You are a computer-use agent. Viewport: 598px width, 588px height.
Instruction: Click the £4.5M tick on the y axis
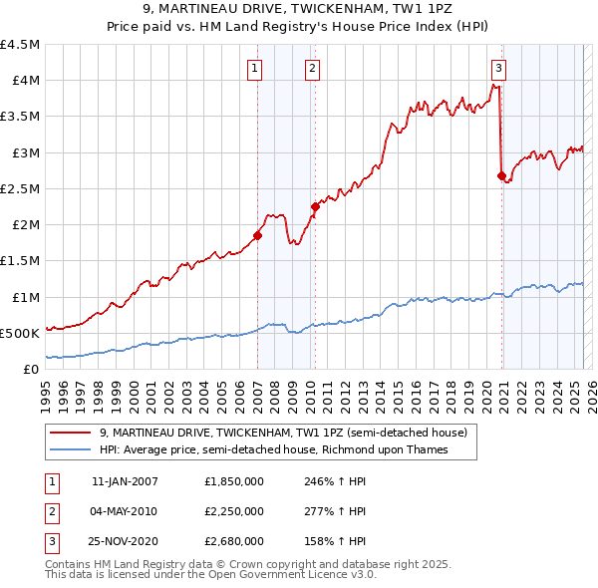(21, 45)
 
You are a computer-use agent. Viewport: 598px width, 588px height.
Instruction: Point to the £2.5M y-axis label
(21, 188)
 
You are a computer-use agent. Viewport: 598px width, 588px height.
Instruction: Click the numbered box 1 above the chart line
(255, 69)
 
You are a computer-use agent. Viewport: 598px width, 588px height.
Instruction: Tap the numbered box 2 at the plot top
(312, 69)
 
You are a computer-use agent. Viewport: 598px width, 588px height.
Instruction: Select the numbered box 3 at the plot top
(497, 69)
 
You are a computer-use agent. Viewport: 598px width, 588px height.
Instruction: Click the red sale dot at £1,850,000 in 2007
(257, 235)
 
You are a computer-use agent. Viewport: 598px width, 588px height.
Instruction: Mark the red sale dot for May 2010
(315, 206)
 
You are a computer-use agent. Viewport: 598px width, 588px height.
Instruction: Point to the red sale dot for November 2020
(501, 175)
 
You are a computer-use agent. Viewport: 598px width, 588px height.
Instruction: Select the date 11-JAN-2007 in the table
(126, 480)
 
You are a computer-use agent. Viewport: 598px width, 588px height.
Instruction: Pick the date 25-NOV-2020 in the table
(126, 542)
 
